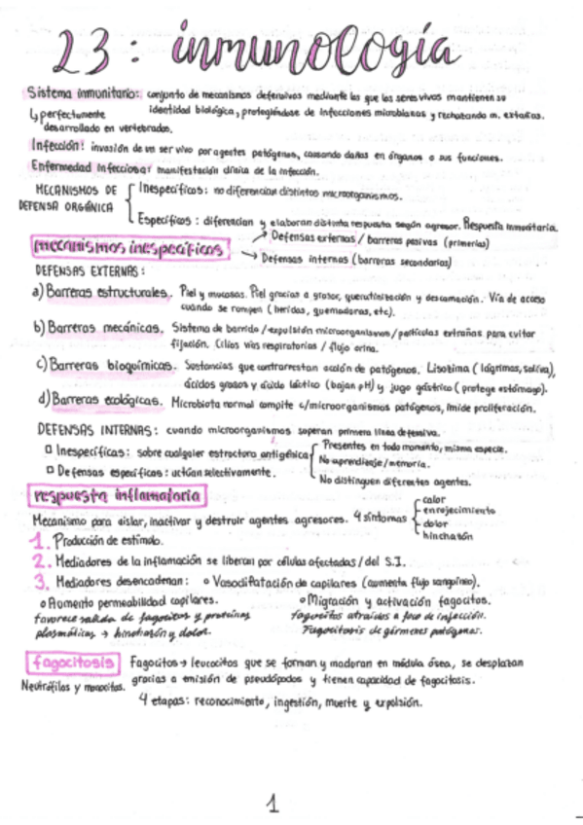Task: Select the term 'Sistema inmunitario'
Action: point(85,95)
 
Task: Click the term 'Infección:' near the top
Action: point(55,144)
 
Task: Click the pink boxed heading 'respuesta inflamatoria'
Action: point(117,497)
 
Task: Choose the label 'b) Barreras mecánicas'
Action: point(97,329)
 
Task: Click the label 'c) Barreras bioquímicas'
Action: point(105,366)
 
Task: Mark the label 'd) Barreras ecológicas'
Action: point(100,401)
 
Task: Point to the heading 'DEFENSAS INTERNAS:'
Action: point(91,429)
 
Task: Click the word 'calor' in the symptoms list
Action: point(435,499)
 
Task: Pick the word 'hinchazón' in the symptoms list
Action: point(448,535)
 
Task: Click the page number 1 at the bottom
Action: point(273,803)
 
